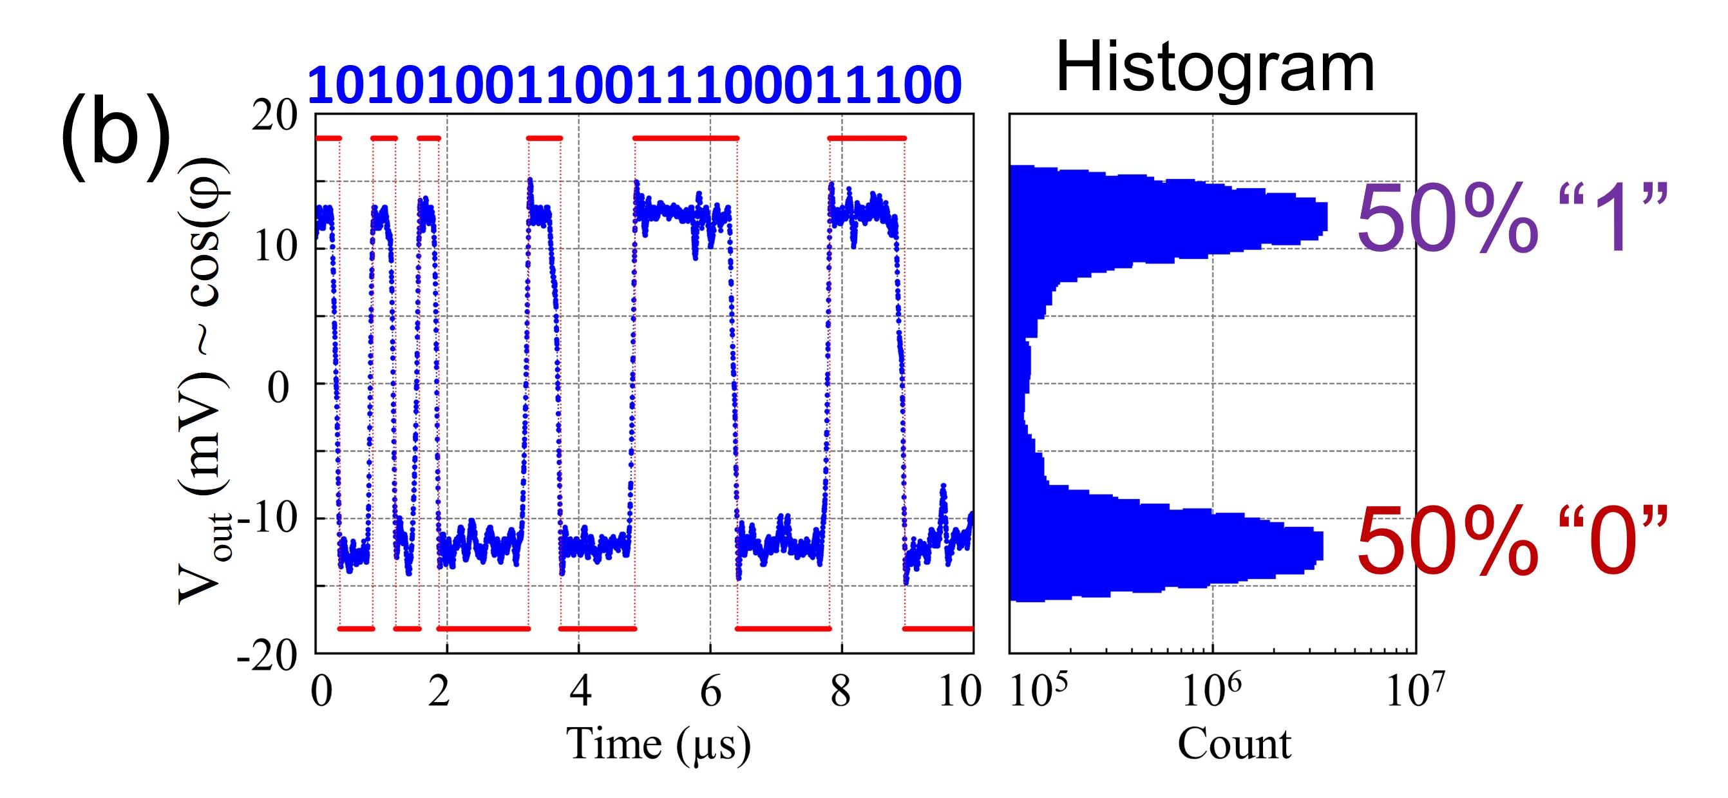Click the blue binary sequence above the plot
click(x=634, y=86)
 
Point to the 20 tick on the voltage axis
click(x=274, y=115)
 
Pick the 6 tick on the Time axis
click(x=710, y=691)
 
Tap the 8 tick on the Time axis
click(x=840, y=691)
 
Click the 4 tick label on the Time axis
click(x=580, y=691)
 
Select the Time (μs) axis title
click(x=658, y=745)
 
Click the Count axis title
click(x=1234, y=745)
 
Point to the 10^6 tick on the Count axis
click(x=1211, y=691)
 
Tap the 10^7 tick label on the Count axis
click(x=1416, y=691)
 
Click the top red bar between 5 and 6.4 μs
click(x=685, y=138)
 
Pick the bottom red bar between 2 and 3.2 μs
click(x=484, y=629)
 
